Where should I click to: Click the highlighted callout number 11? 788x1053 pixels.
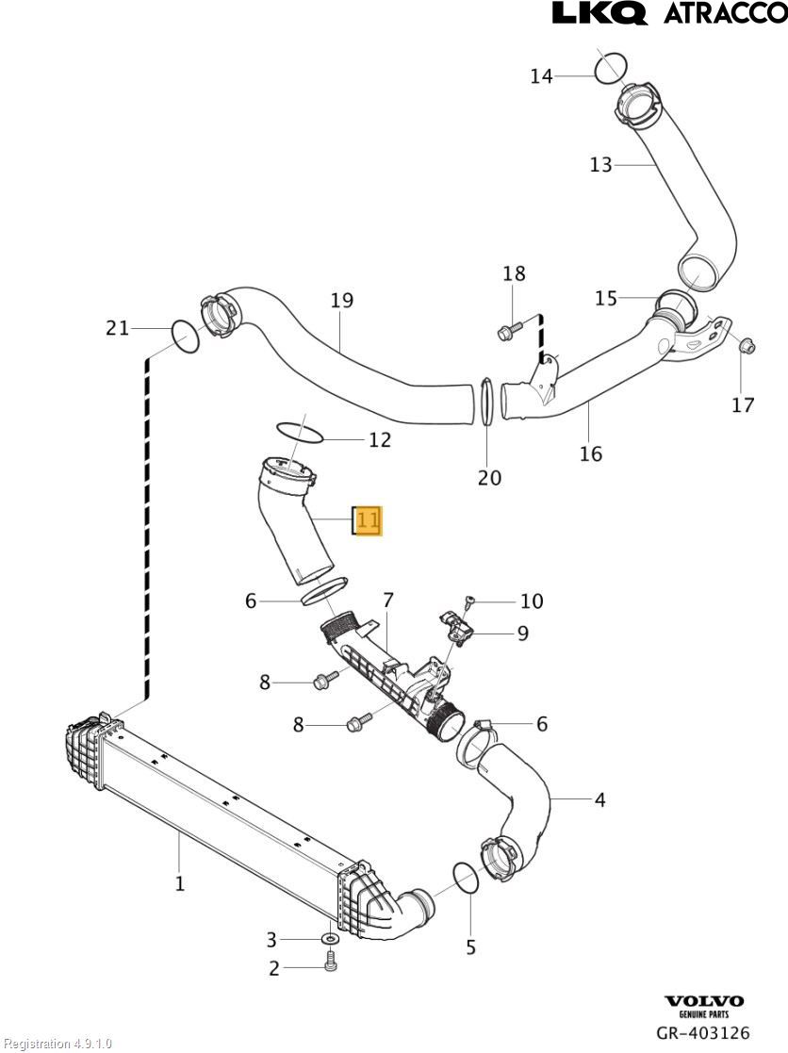point(367,520)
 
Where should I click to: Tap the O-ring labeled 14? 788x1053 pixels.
point(612,67)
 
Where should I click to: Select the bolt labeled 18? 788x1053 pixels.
point(509,331)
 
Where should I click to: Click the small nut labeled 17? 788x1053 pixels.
point(746,346)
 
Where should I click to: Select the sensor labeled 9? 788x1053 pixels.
point(457,626)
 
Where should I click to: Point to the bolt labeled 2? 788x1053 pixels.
point(330,962)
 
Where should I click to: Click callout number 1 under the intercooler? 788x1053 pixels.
point(179,883)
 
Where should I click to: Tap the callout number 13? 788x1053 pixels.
point(600,165)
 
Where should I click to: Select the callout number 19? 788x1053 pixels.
point(341,300)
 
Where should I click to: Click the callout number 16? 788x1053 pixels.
point(590,453)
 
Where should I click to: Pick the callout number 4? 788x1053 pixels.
point(599,800)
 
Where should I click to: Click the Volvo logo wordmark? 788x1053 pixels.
point(704,1001)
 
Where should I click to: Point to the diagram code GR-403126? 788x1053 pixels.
point(703,1034)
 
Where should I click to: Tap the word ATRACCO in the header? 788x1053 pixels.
point(725,13)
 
